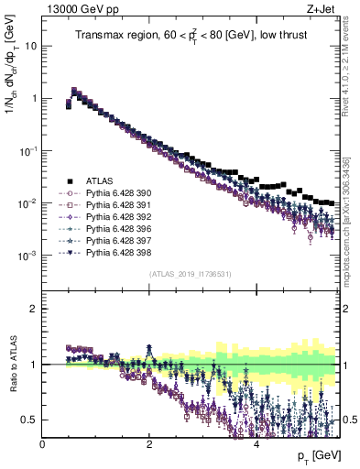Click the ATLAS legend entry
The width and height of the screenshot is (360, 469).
[94, 181]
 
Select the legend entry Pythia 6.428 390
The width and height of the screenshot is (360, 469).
[108, 193]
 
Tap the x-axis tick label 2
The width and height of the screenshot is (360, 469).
[149, 444]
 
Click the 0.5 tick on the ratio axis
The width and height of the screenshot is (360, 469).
[30, 420]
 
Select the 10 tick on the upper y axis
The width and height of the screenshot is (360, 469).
[30, 45]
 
